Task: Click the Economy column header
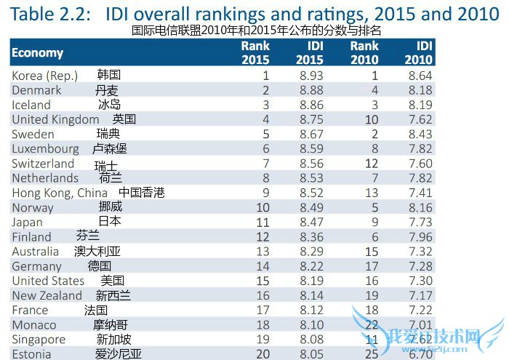(38, 52)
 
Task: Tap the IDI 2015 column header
(310, 52)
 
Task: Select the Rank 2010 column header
(364, 52)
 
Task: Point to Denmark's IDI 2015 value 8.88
(310, 90)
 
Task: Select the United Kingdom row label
(55, 119)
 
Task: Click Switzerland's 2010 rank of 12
(372, 164)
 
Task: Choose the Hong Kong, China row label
(60, 193)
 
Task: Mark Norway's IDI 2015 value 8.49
(310, 207)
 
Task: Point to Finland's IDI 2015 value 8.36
(310, 236)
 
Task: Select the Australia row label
(36, 252)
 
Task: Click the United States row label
(48, 281)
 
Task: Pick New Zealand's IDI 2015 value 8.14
(310, 295)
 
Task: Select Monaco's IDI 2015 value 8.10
(310, 324)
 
